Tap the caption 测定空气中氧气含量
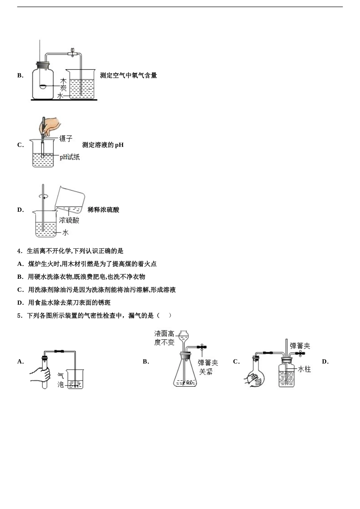tap(128, 75)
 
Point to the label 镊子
tap(66, 139)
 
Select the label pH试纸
tap(70, 157)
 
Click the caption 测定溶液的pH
tap(103, 145)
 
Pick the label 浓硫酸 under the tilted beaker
tap(69, 220)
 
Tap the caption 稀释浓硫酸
tap(103, 210)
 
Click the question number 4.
tap(19, 251)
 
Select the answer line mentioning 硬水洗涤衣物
tap(86, 277)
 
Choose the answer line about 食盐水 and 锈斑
tap(69, 303)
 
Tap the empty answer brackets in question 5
tap(164, 315)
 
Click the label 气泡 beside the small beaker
tap(61, 380)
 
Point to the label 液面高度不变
tap(164, 338)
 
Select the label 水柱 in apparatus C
tap(304, 369)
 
